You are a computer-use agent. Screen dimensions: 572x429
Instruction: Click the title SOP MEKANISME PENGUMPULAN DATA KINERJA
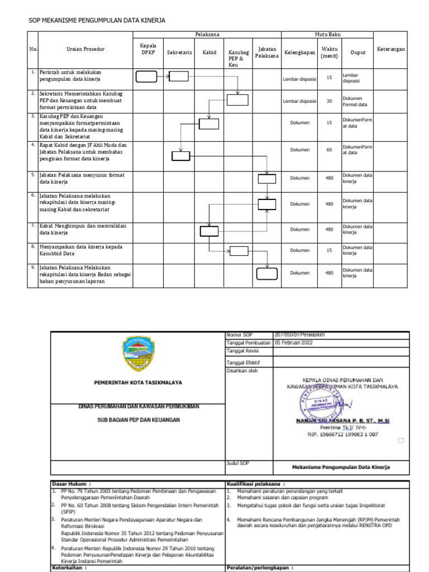point(97,21)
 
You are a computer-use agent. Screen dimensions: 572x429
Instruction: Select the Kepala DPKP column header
point(148,49)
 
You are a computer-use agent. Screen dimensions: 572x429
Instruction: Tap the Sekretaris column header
point(179,53)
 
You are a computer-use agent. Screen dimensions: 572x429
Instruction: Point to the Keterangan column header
point(390,49)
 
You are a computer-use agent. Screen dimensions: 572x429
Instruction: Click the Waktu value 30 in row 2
point(329,101)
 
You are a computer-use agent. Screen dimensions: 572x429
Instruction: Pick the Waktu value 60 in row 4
point(329,150)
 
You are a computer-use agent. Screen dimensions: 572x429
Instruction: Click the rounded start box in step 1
point(146,77)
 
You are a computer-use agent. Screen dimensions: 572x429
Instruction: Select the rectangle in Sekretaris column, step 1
point(179,77)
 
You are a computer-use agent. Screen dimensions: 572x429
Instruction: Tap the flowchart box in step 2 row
point(237,100)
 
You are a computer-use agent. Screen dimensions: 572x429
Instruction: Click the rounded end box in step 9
point(267,274)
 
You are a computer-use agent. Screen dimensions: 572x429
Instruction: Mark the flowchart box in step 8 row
point(239,251)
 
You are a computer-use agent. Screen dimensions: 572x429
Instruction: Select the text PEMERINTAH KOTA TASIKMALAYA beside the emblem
point(137,383)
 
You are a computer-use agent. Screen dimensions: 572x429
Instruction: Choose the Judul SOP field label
point(237,463)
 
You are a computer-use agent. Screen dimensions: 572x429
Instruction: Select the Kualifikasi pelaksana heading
point(256,484)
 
